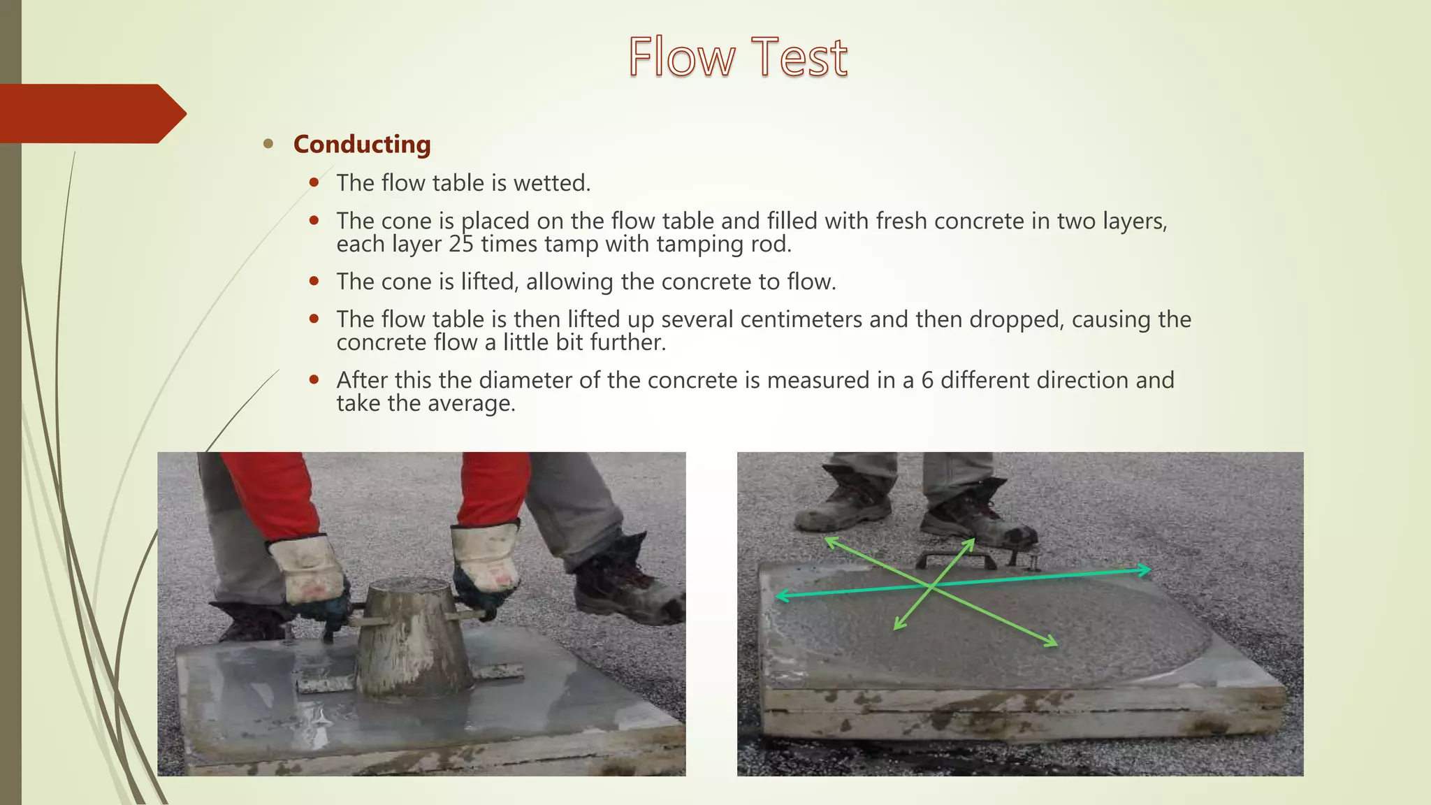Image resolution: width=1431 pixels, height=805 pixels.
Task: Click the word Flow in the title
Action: [x=681, y=57]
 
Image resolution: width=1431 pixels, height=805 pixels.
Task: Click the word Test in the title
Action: [x=799, y=57]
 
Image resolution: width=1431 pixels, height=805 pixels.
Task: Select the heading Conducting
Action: [x=362, y=144]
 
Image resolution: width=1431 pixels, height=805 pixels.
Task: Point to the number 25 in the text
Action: [x=461, y=244]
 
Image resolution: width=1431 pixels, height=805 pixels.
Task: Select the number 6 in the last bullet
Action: [x=927, y=380]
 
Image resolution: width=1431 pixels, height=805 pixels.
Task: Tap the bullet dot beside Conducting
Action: [x=268, y=144]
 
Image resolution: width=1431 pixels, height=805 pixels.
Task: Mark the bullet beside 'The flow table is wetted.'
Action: [x=314, y=183]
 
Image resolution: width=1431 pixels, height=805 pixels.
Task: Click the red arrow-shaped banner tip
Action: [x=175, y=113]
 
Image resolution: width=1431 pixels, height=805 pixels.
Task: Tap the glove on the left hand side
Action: [x=307, y=570]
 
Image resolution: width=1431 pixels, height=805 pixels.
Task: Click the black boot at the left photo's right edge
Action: [x=629, y=587]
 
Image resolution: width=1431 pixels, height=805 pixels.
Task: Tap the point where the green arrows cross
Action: [x=931, y=587]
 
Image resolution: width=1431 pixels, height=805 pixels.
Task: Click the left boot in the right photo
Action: [x=842, y=503]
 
